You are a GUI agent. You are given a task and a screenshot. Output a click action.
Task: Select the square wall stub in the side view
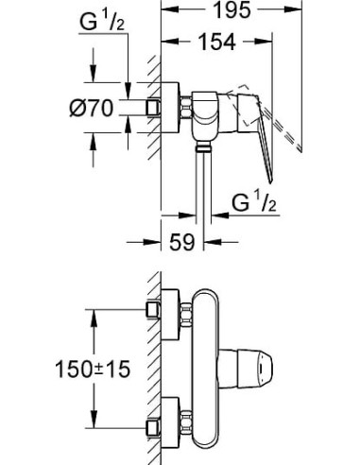point(152,109)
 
